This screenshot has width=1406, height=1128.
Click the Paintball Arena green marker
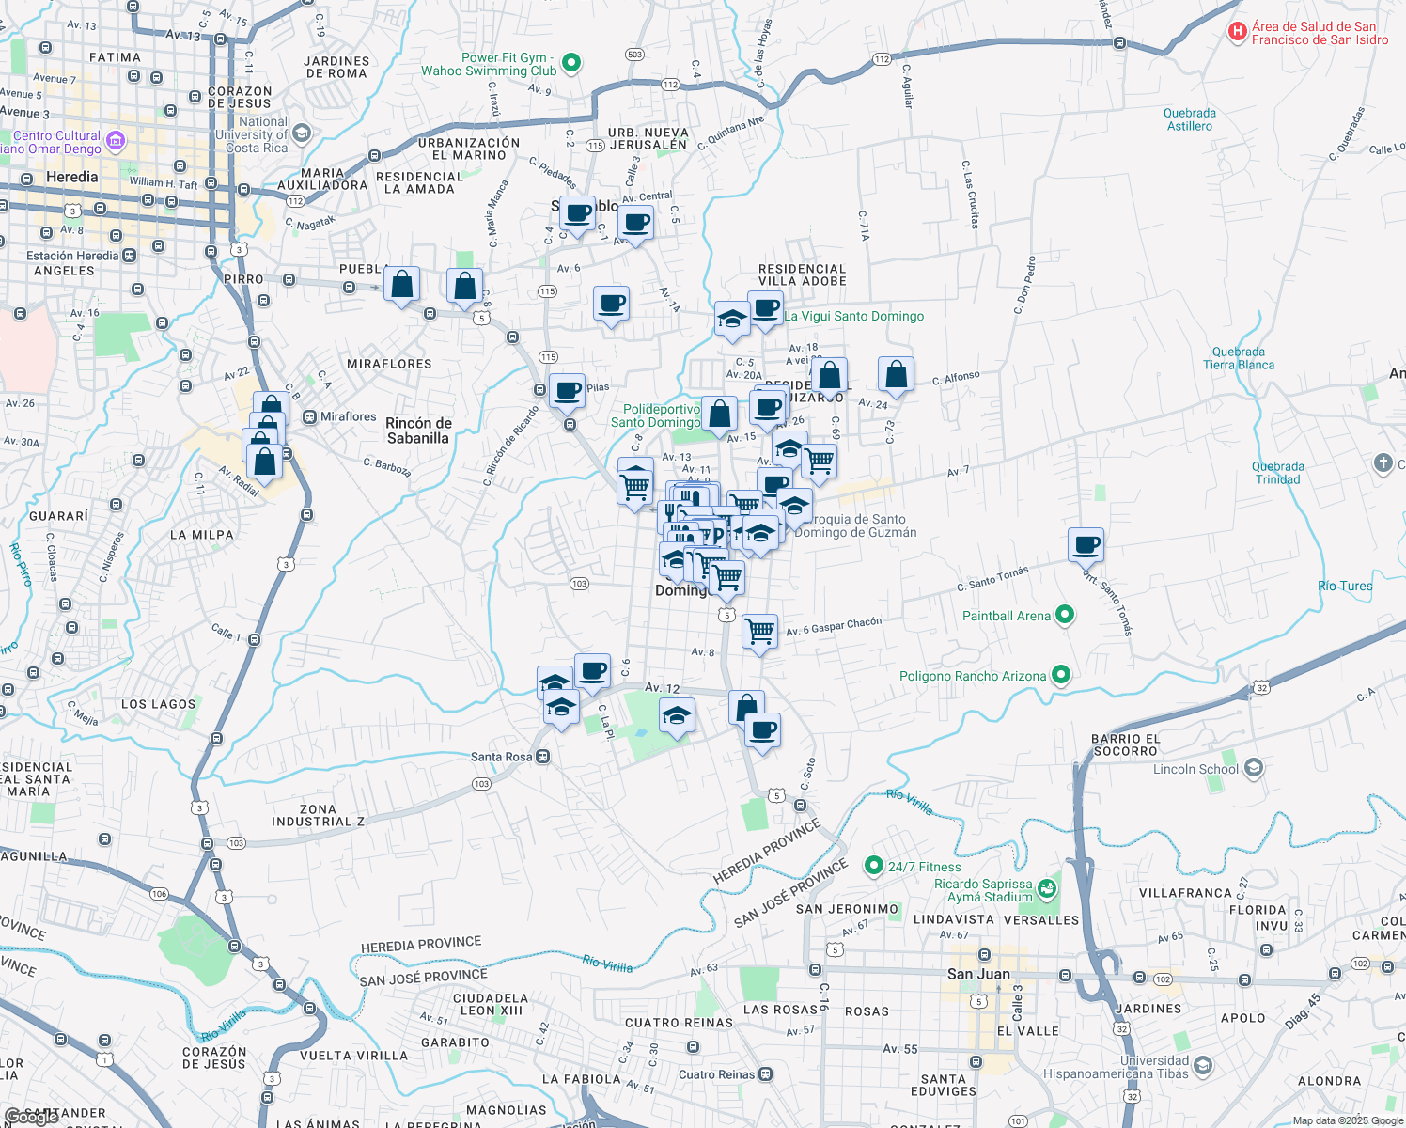pyautogui.click(x=1064, y=616)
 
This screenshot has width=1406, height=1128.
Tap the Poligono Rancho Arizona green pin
pyautogui.click(x=1060, y=675)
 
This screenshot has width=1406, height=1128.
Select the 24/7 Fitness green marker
pyautogui.click(x=873, y=866)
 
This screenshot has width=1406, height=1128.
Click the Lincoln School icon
pyautogui.click(x=1253, y=769)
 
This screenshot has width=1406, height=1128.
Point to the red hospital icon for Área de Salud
pyautogui.click(x=1238, y=33)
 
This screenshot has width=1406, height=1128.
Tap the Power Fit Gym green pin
pyautogui.click(x=570, y=64)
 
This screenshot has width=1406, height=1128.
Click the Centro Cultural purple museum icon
pyautogui.click(x=116, y=142)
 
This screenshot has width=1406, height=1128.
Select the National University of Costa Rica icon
pyautogui.click(x=301, y=133)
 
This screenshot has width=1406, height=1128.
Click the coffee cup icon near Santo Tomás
pyautogui.click(x=1086, y=545)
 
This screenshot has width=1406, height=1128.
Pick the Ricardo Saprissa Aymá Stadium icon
pyautogui.click(x=1048, y=887)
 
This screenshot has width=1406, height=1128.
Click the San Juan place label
pyautogui.click(x=978, y=974)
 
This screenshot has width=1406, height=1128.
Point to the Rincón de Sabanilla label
pyautogui.click(x=418, y=431)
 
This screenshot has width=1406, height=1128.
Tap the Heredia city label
pyautogui.click(x=71, y=177)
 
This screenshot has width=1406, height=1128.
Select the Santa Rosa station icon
pyautogui.click(x=542, y=757)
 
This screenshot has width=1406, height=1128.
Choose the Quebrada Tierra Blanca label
pyautogui.click(x=1239, y=358)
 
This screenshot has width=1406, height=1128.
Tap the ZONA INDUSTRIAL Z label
pyautogui.click(x=318, y=815)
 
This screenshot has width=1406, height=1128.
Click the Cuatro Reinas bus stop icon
pyautogui.click(x=766, y=1073)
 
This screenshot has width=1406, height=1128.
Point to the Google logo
pyautogui.click(x=31, y=1117)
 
